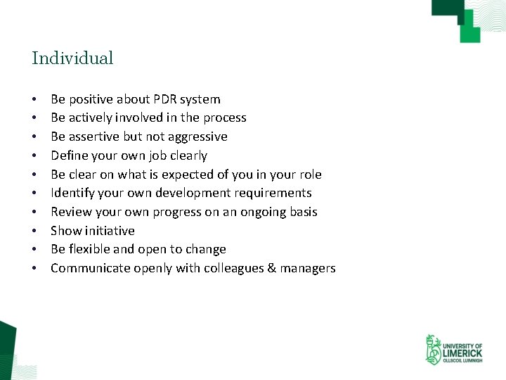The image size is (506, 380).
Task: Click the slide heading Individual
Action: click(x=72, y=58)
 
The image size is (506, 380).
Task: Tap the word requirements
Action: click(x=277, y=193)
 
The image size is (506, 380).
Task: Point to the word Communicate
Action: click(x=86, y=268)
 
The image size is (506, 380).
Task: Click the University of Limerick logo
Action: click(x=453, y=350)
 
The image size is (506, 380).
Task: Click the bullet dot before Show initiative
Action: click(x=34, y=231)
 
